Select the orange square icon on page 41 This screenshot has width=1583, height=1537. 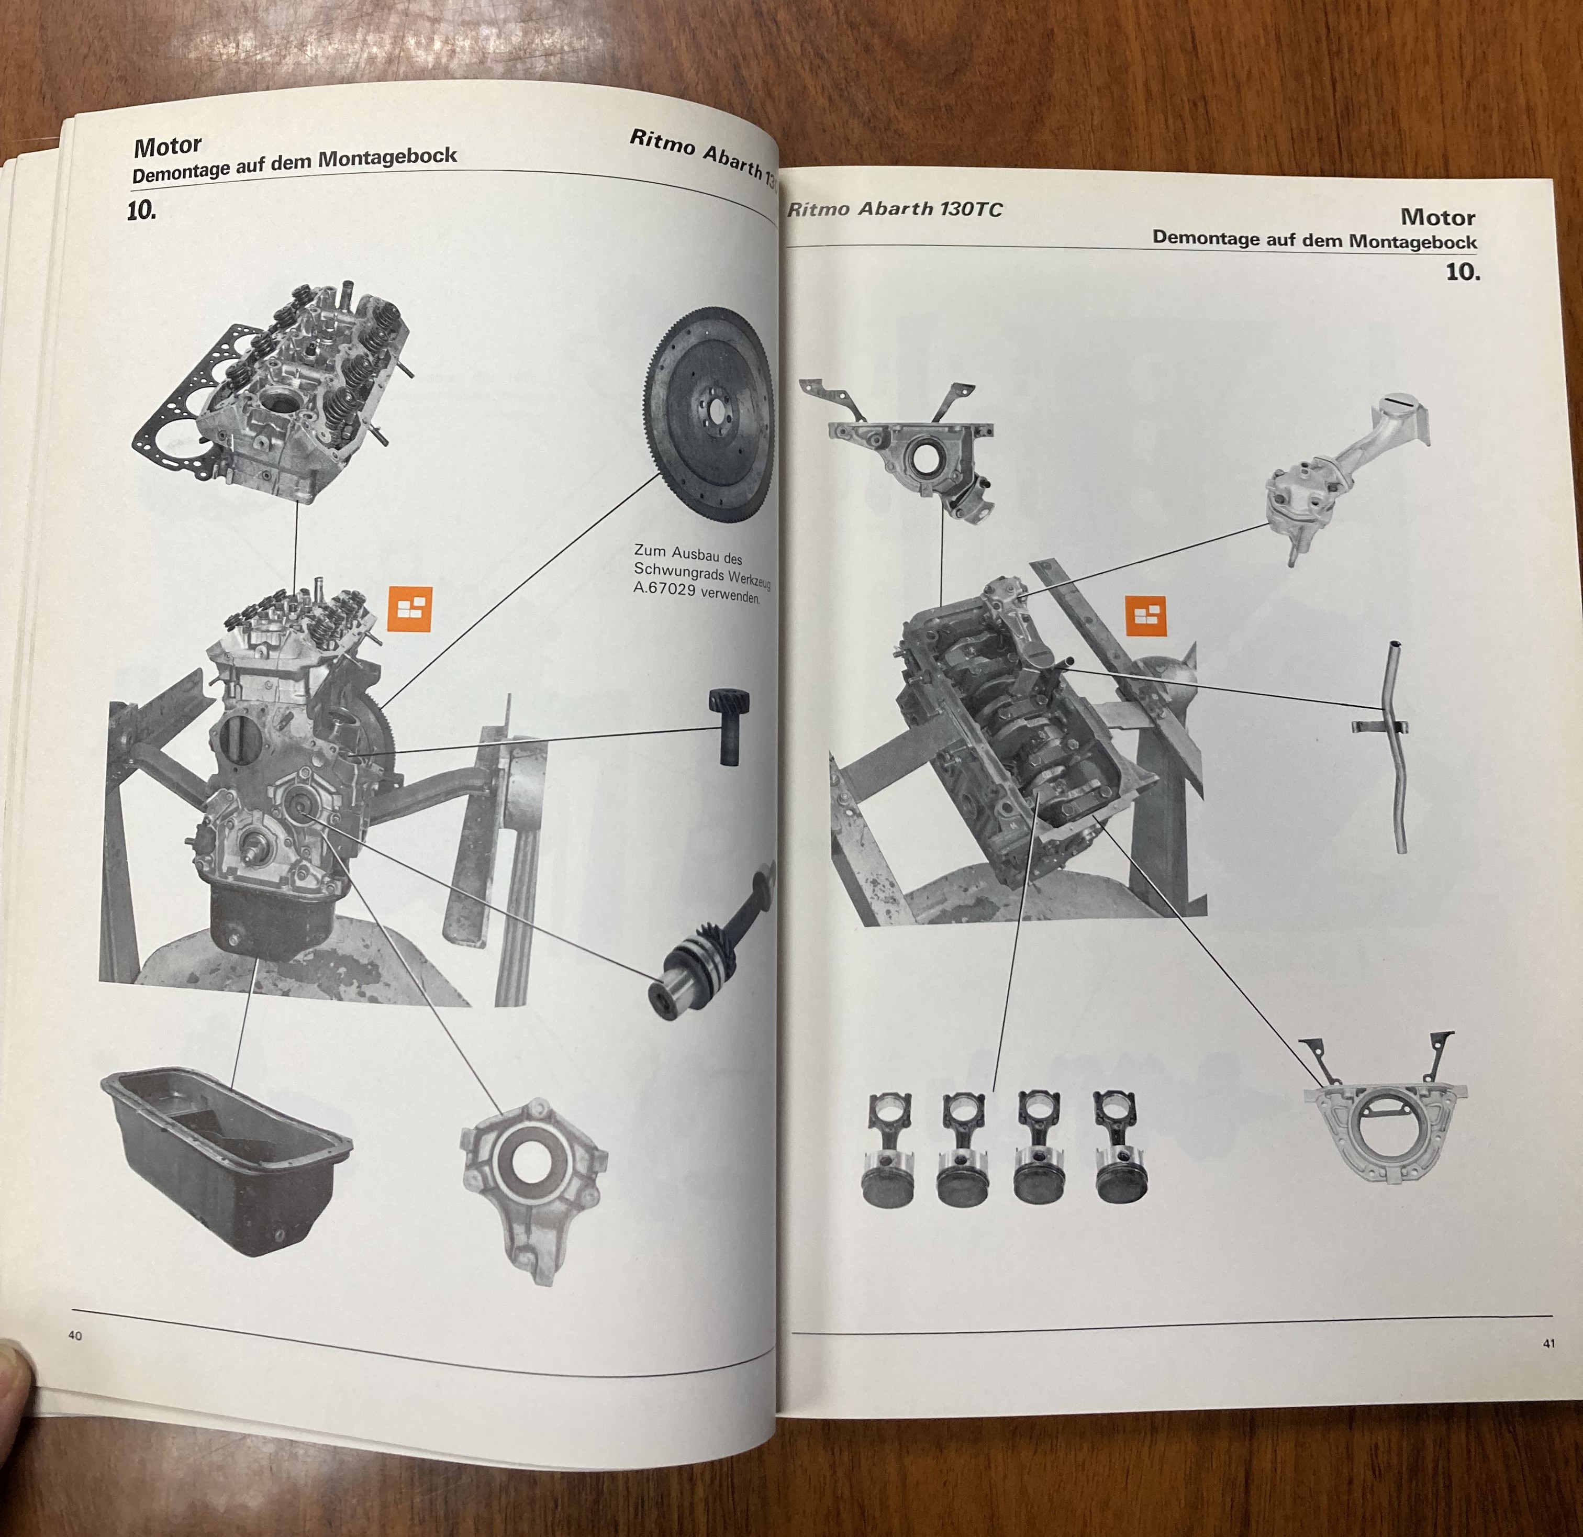[x=1145, y=616]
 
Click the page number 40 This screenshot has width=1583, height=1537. [x=75, y=1335]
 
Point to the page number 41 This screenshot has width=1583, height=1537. [x=1548, y=1344]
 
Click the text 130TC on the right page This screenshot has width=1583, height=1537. [x=971, y=210]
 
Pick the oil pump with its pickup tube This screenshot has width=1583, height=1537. [x=1345, y=476]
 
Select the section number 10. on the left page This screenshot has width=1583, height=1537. [x=141, y=211]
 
